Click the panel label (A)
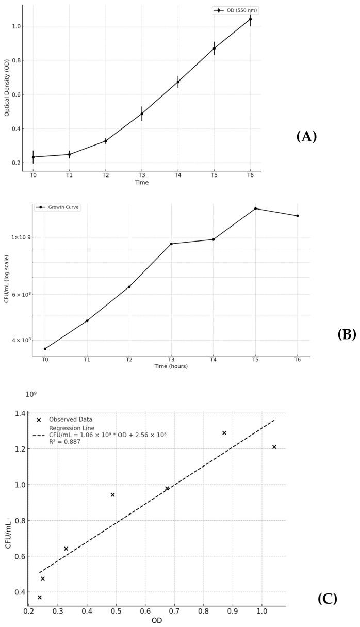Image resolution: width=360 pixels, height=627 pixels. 306,137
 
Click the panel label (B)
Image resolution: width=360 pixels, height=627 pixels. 346,334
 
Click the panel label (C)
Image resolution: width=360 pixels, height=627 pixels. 328,599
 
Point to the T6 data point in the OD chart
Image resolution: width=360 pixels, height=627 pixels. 250,19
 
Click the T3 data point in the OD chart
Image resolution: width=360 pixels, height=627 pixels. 142,114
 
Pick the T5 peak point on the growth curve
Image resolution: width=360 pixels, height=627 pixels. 255,208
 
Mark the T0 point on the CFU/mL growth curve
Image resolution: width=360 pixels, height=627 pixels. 45,349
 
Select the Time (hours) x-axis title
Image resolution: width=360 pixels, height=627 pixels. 171,366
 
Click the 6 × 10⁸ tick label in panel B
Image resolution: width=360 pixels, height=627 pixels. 19,295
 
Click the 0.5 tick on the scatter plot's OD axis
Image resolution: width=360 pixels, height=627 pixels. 116,611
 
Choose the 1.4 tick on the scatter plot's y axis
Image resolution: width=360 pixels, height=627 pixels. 19,413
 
